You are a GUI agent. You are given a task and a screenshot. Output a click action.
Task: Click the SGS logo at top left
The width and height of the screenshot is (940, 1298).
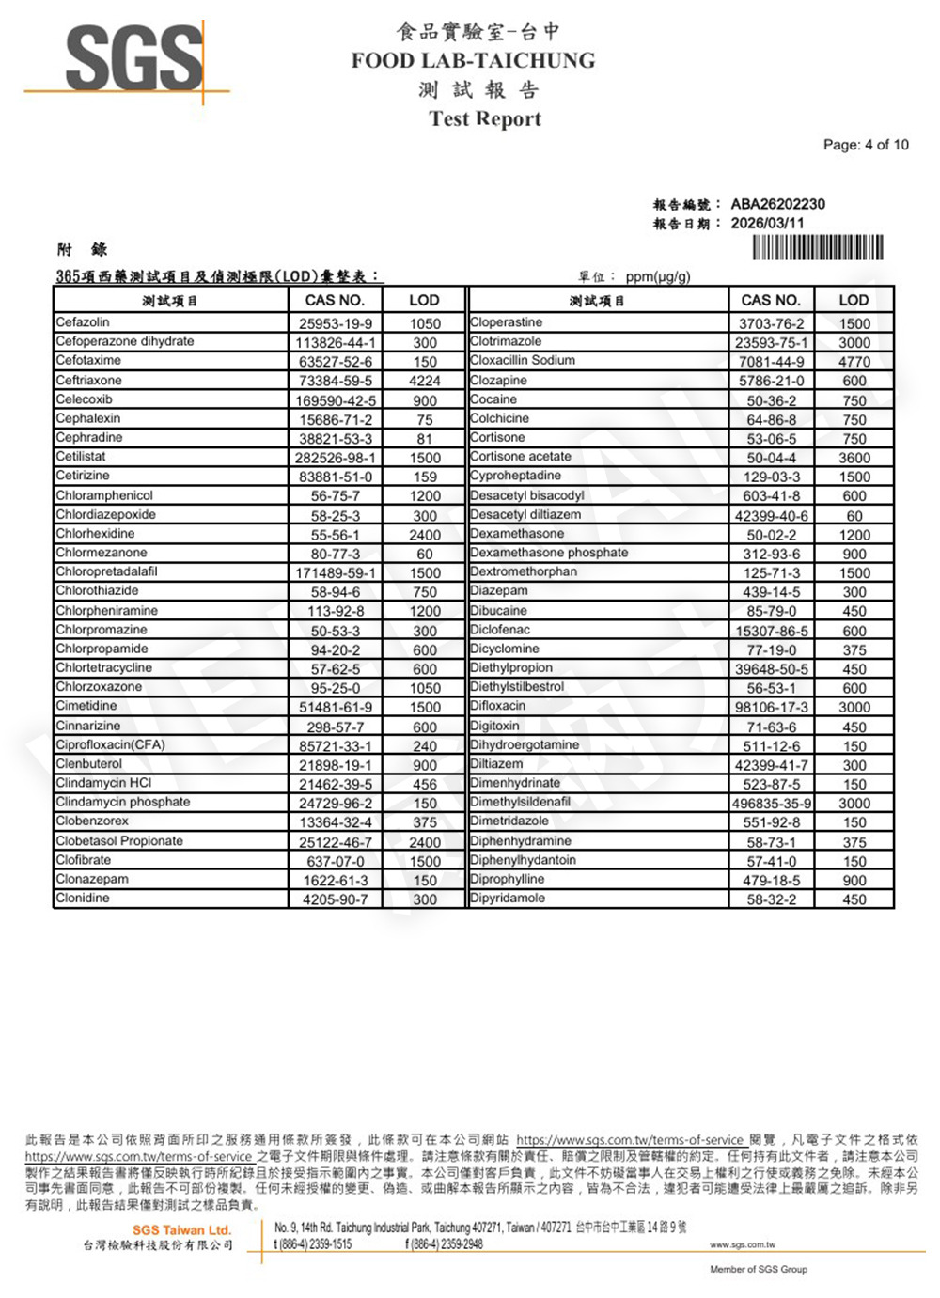click(x=133, y=58)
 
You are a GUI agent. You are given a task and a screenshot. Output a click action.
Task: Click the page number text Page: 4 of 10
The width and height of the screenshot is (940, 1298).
click(x=866, y=145)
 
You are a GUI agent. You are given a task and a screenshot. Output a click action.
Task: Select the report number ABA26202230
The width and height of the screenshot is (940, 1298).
click(x=777, y=204)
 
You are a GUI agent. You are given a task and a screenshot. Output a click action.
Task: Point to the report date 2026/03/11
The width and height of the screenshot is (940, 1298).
click(x=767, y=223)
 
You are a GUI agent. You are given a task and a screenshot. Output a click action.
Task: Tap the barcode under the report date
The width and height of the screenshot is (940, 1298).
click(x=818, y=248)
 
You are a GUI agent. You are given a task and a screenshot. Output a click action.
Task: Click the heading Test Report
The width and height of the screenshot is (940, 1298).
click(x=485, y=118)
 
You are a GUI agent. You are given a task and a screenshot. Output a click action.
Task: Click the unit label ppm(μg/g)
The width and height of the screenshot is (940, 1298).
click(x=658, y=276)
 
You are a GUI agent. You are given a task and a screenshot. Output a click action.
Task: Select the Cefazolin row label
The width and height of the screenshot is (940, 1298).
click(x=83, y=322)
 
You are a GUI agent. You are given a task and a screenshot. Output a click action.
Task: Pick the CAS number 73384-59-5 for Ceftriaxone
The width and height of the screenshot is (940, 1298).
click(x=336, y=381)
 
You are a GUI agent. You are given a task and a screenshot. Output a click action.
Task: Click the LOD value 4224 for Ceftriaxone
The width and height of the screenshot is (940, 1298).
click(x=425, y=381)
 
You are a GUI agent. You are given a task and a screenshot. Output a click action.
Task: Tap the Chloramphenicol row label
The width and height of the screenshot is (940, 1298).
click(x=104, y=495)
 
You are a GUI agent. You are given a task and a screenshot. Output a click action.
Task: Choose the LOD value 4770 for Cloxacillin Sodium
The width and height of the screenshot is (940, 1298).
click(x=854, y=362)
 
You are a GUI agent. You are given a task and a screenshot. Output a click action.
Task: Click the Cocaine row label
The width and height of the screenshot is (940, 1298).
click(x=493, y=399)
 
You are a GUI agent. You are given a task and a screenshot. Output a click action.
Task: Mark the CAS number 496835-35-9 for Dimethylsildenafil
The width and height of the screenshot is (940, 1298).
click(x=772, y=804)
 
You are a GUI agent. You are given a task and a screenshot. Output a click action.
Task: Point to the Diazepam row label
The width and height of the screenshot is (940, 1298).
click(x=499, y=591)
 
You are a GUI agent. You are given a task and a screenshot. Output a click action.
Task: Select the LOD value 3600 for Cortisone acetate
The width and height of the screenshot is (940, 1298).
click(x=854, y=458)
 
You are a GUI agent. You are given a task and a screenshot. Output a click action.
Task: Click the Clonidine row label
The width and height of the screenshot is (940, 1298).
click(x=83, y=899)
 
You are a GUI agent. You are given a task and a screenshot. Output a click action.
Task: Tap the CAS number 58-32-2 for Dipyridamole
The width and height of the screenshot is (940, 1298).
click(x=772, y=899)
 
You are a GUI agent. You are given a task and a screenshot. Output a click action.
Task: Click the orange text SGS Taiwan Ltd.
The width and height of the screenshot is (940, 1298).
click(x=181, y=1229)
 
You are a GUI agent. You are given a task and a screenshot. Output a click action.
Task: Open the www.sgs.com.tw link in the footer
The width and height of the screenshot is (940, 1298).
click(x=743, y=1244)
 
